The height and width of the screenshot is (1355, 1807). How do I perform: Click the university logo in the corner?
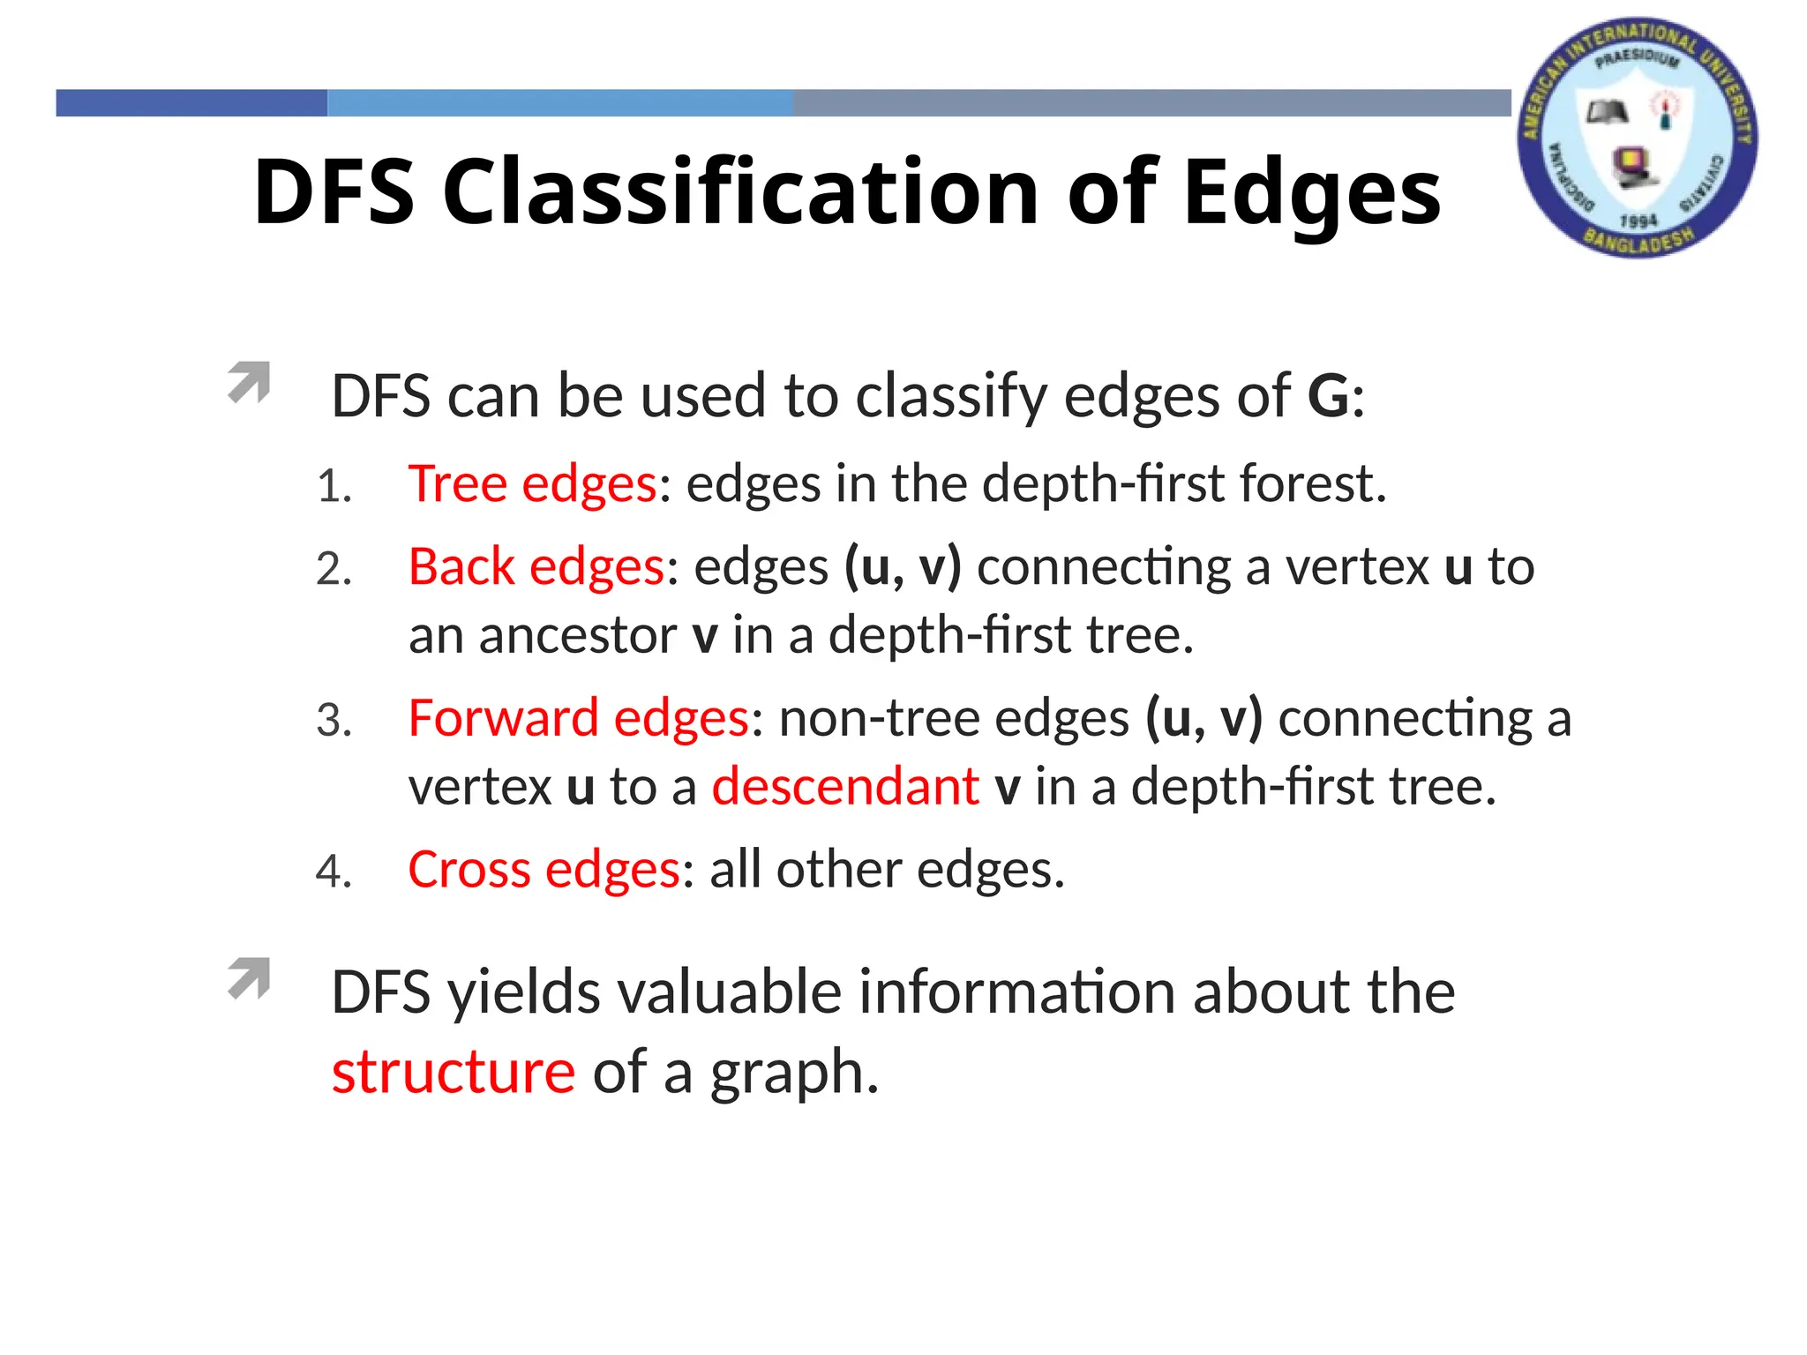(x=1638, y=138)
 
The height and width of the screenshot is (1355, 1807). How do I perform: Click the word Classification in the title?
(x=741, y=192)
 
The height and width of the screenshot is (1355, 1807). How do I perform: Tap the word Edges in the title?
(x=1311, y=192)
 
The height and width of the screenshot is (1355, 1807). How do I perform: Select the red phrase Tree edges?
(x=532, y=484)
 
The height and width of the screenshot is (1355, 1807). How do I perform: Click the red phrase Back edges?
(x=536, y=566)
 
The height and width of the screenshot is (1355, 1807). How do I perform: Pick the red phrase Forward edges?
(x=578, y=717)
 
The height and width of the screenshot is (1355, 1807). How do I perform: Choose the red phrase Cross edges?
(x=544, y=870)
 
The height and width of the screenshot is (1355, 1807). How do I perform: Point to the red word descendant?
(x=845, y=786)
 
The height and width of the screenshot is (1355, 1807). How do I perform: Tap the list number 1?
(x=334, y=487)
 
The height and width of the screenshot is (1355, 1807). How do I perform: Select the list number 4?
(x=334, y=872)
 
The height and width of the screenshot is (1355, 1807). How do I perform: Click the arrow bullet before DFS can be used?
(x=249, y=382)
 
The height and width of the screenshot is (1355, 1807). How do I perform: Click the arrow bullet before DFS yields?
(x=249, y=977)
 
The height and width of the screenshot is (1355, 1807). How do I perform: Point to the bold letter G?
(x=1327, y=396)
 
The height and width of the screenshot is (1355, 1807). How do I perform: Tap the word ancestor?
(x=577, y=635)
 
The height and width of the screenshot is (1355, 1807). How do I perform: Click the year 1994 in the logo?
(x=1638, y=221)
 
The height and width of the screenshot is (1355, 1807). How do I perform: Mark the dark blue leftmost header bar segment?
(x=191, y=103)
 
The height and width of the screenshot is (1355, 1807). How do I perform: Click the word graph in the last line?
(x=792, y=1074)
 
